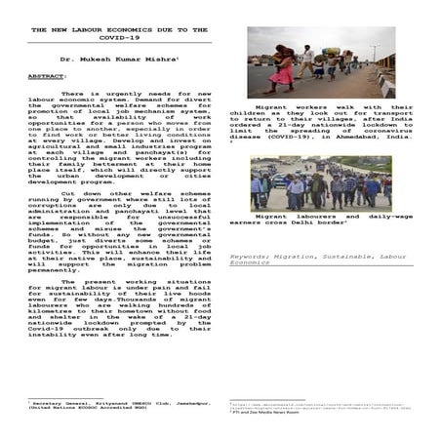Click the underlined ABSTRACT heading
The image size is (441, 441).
(x=47, y=75)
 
